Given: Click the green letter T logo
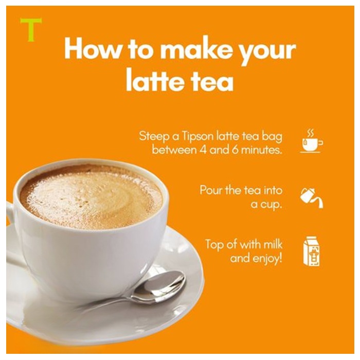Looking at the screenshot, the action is pos(31,29).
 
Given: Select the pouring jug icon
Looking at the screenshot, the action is pos(311,198).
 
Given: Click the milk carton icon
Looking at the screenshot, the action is pos(311,252).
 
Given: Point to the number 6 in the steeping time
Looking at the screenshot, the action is pos(236,150).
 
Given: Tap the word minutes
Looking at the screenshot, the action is pos(262,150).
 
